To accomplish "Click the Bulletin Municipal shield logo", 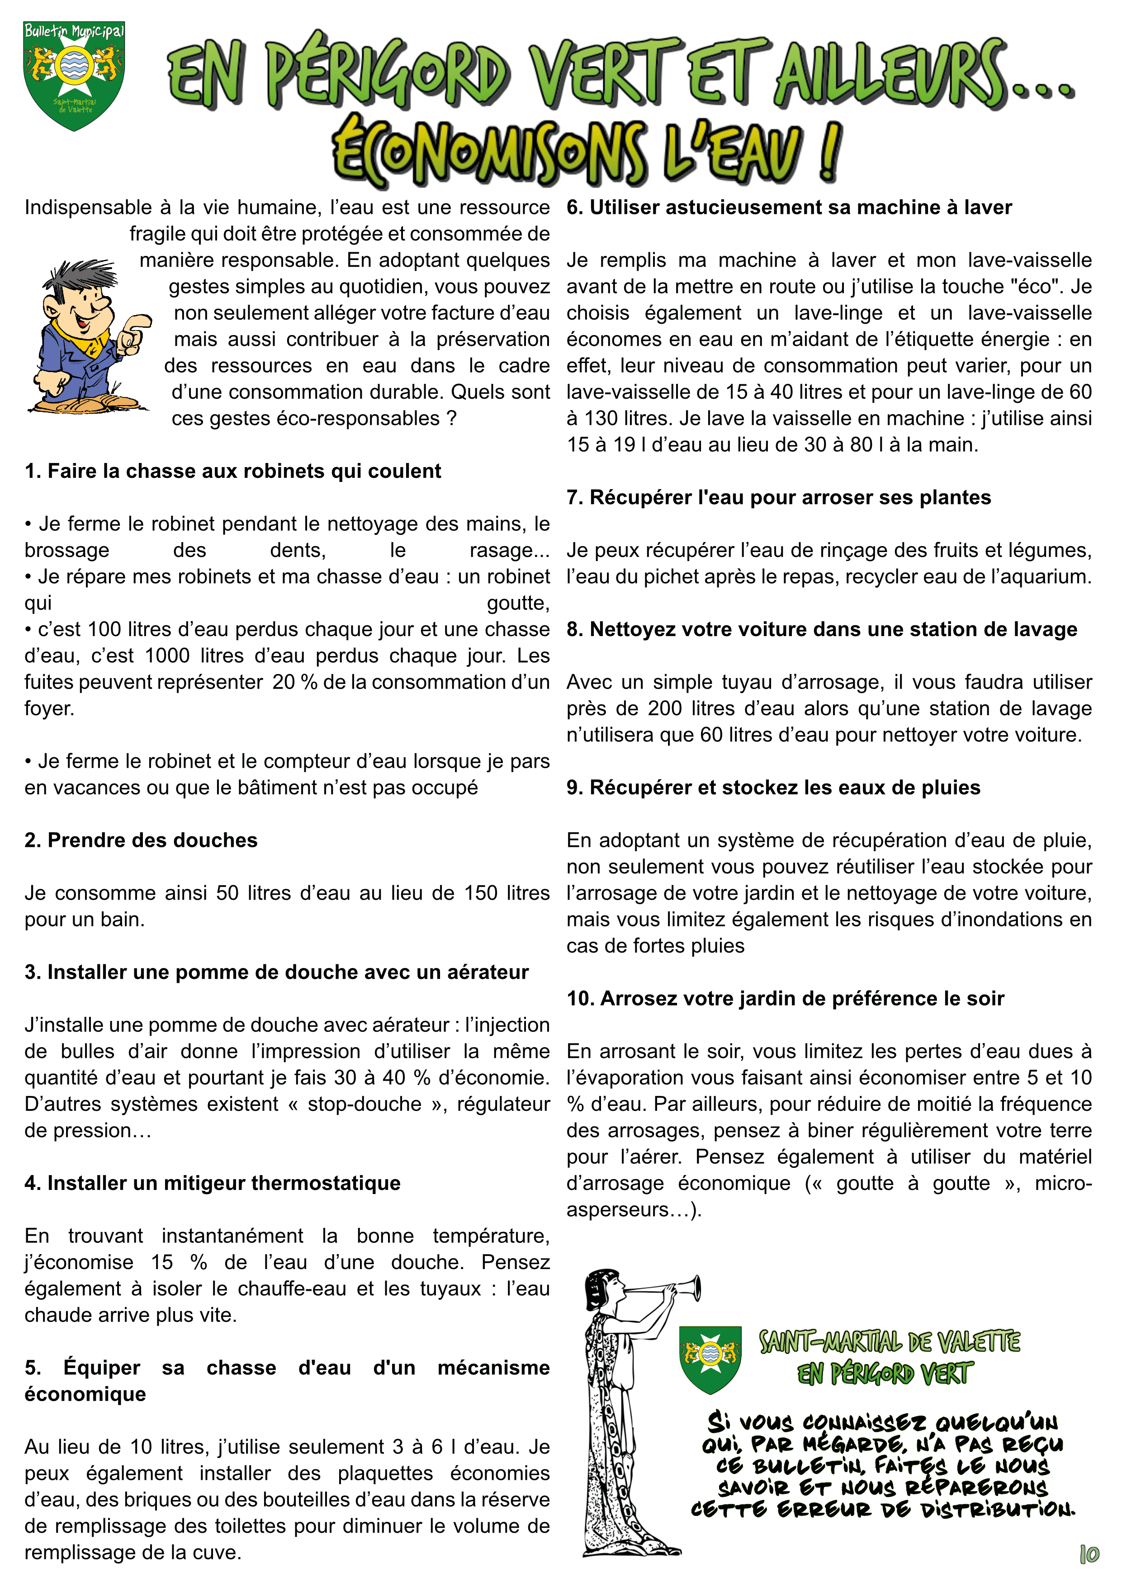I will (73, 75).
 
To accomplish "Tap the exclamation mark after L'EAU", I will (831, 151).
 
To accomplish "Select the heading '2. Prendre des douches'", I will (141, 840).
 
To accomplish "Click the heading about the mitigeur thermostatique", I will (212, 1183).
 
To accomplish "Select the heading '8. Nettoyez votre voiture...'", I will (821, 629).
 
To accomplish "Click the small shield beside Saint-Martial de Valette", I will (710, 1359).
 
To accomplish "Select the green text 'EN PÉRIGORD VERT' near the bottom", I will (886, 1374).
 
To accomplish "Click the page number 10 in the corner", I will (1089, 1554).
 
